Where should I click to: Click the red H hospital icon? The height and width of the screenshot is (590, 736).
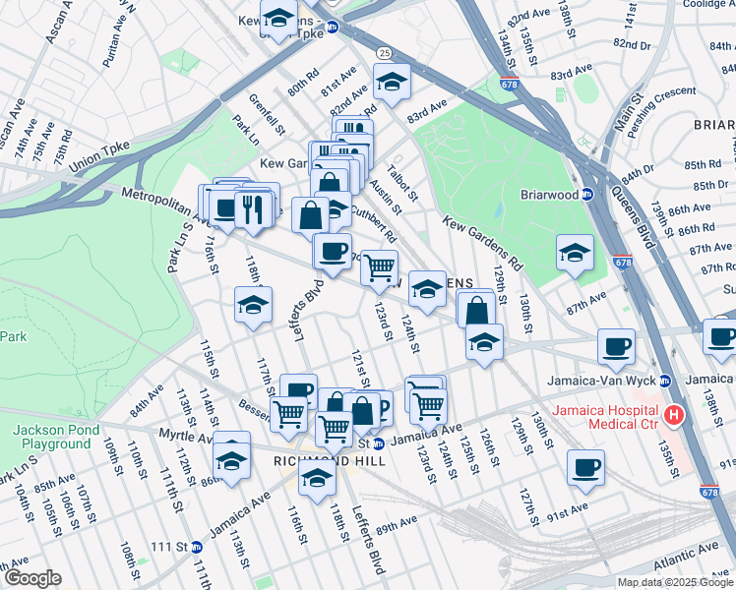click(674, 416)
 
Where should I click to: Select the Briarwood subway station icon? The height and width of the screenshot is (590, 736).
click(585, 194)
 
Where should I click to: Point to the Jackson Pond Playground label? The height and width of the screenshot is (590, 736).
click(51, 437)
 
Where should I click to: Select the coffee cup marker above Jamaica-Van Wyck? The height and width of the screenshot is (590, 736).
click(616, 345)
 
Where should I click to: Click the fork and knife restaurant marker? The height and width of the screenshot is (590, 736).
click(253, 207)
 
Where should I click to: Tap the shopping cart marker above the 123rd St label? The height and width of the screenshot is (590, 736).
click(379, 266)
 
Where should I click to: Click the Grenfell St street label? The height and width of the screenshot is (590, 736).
click(267, 113)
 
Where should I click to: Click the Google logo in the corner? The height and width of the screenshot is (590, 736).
click(33, 578)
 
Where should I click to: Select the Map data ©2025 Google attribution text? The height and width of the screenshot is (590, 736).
click(674, 582)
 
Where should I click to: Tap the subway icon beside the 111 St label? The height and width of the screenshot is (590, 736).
click(196, 547)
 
